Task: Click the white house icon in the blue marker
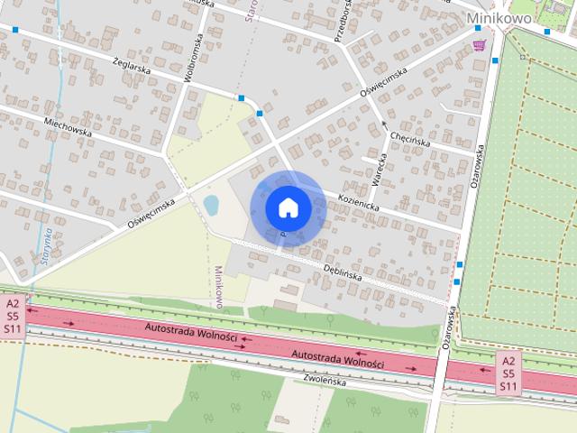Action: (x=288, y=207)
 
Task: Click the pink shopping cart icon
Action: (x=479, y=45)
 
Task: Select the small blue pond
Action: (x=211, y=206)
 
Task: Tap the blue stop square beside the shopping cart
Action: (x=495, y=60)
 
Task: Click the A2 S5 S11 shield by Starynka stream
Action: (x=13, y=317)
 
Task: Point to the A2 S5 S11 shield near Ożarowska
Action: (x=508, y=373)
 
